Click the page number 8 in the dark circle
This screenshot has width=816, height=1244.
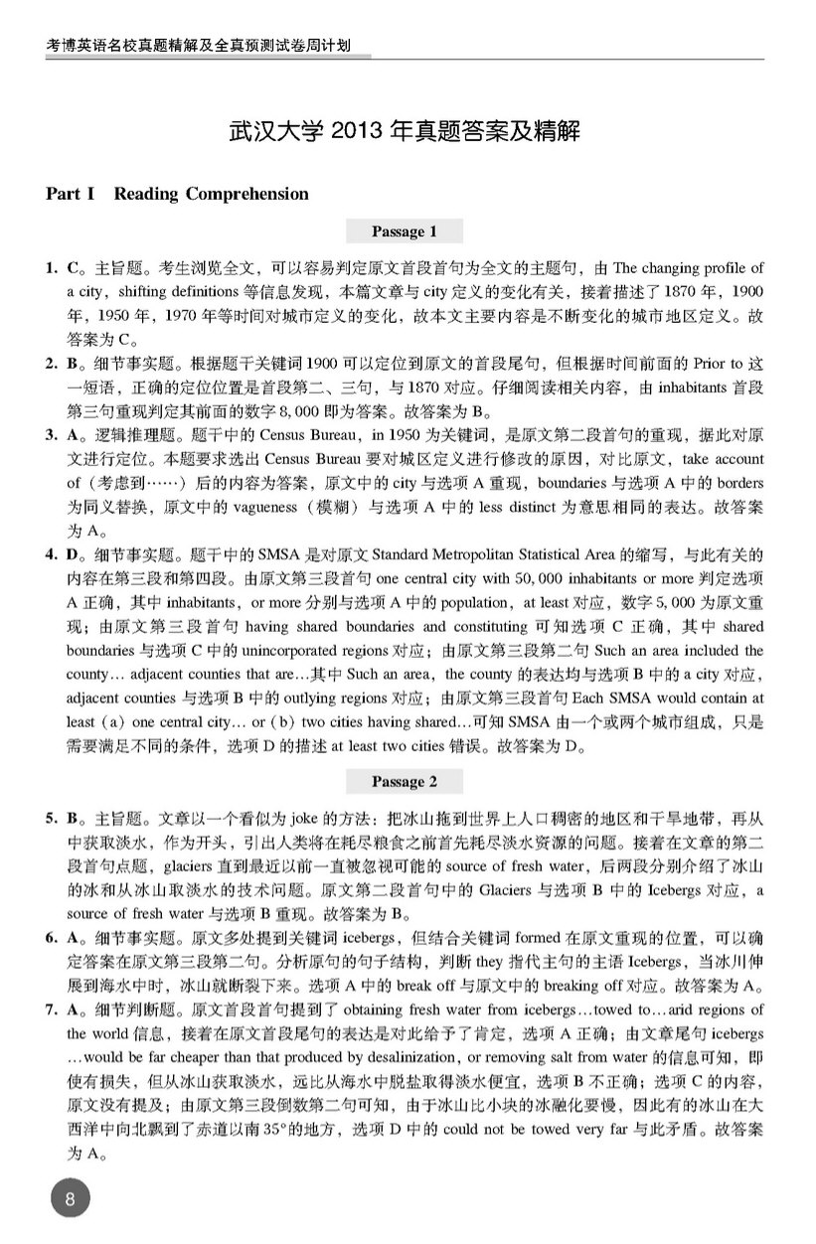tap(70, 1198)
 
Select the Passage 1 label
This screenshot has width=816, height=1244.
tap(404, 232)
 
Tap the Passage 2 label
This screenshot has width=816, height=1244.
tap(404, 782)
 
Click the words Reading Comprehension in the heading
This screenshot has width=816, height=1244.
tap(211, 194)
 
